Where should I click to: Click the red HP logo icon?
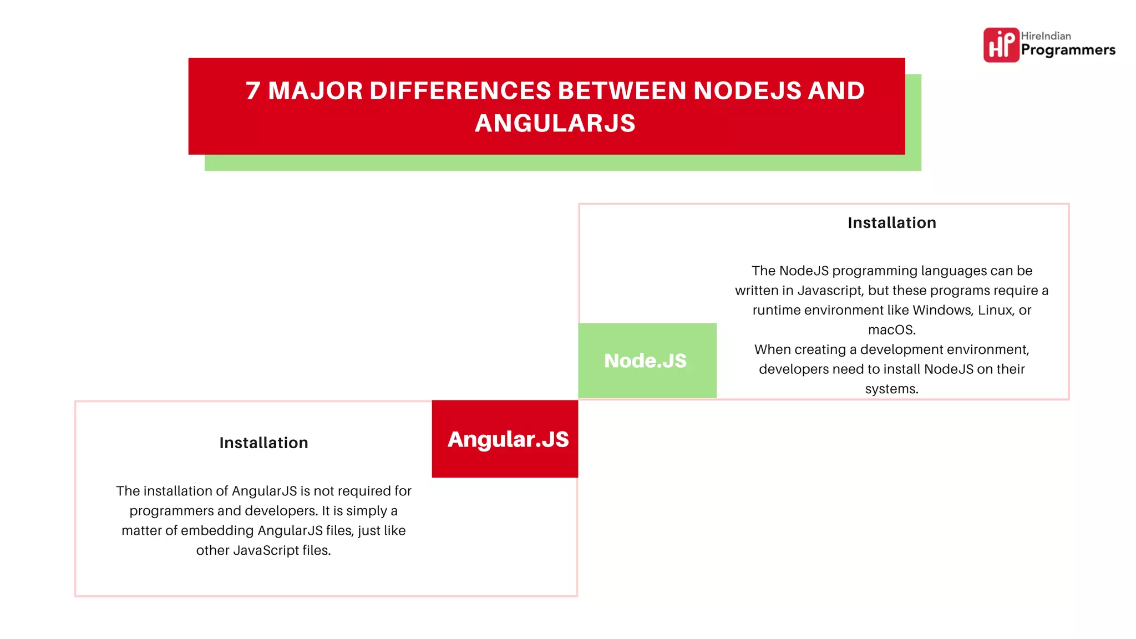(1001, 45)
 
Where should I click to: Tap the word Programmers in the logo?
(1068, 50)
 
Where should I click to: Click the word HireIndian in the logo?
(1046, 36)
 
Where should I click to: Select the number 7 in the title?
(253, 91)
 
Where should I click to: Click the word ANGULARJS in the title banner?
(555, 123)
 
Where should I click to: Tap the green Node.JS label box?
(647, 361)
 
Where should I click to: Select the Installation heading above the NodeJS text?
(891, 223)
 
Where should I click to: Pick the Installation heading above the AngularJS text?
(263, 443)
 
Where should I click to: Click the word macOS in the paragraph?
(891, 330)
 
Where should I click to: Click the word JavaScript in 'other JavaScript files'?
(266, 551)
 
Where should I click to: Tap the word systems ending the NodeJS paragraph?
(891, 389)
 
